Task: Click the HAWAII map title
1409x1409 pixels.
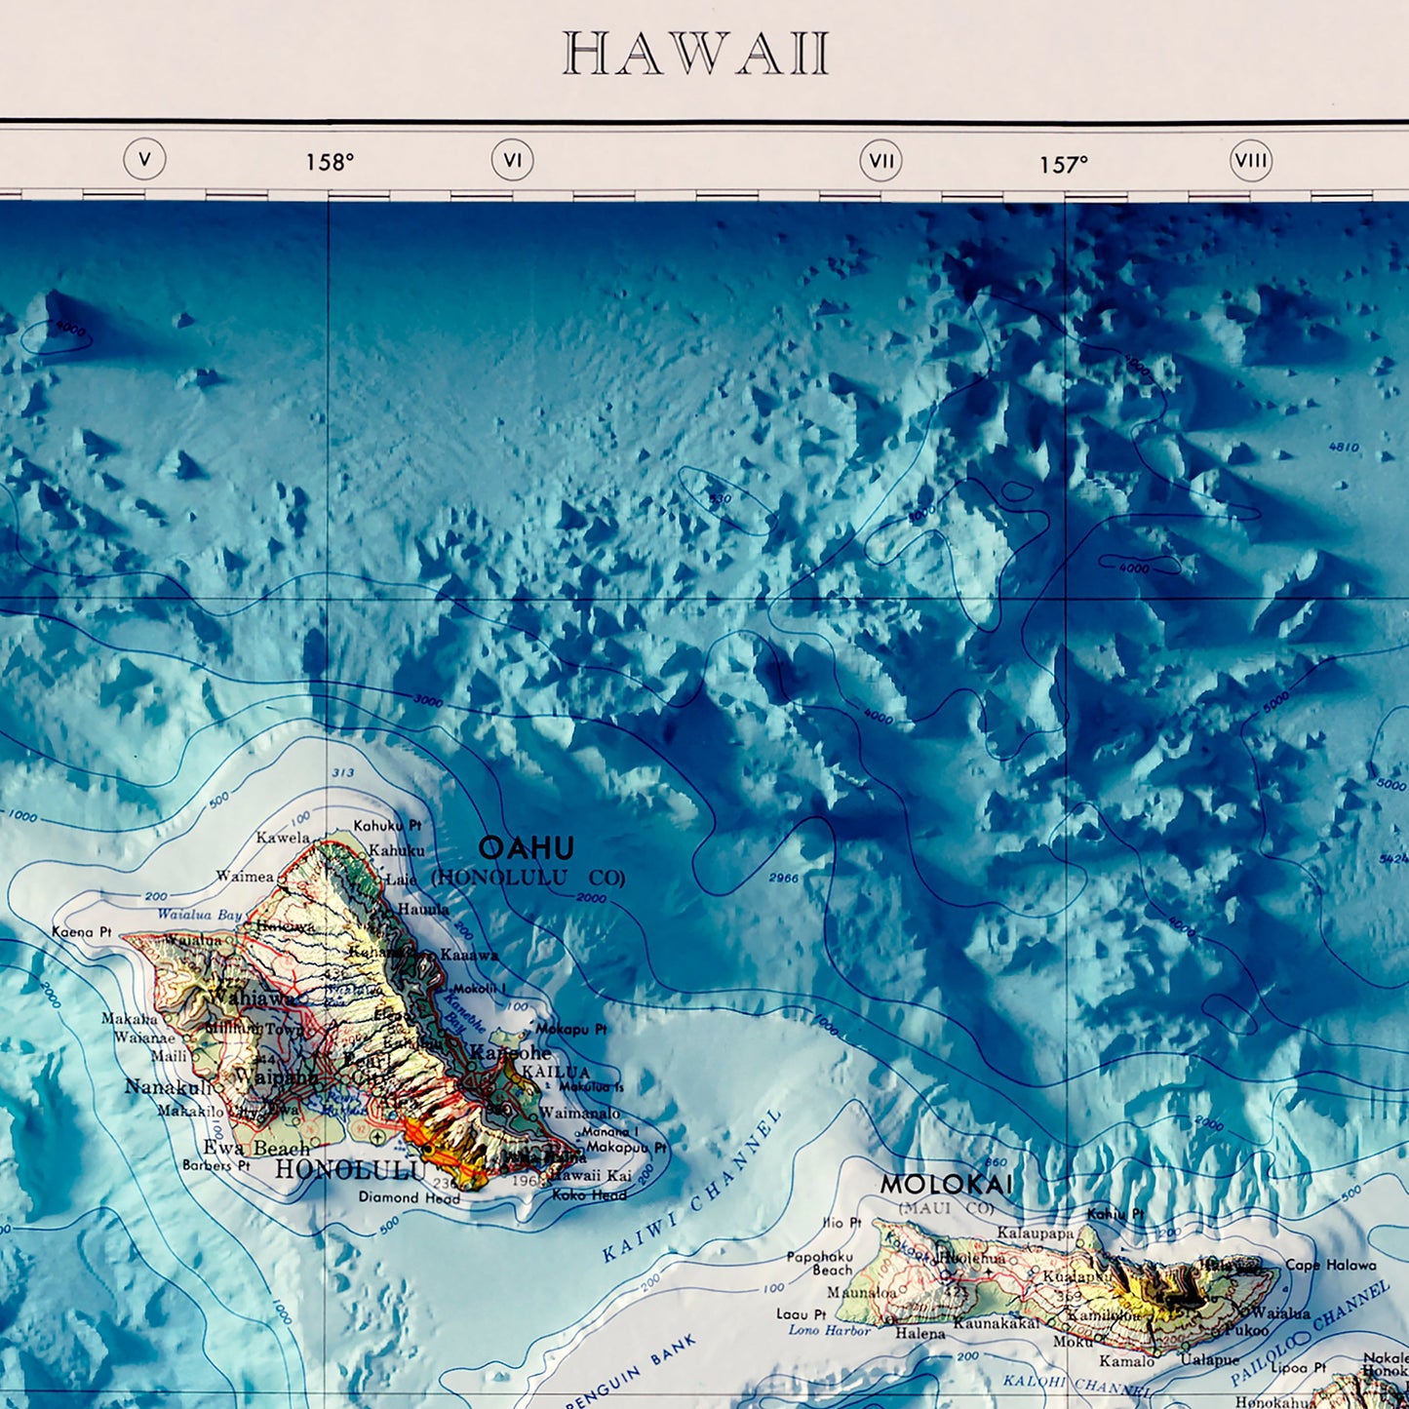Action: [696, 55]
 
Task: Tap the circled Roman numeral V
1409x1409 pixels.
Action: [144, 159]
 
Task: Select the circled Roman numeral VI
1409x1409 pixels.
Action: [512, 160]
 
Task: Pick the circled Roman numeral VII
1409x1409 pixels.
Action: [881, 161]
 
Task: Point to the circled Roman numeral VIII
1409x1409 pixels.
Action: [1250, 161]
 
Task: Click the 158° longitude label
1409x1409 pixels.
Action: [330, 163]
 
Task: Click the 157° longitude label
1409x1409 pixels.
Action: [1063, 165]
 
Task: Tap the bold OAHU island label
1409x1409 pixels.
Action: [526, 847]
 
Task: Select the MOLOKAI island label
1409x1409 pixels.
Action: [946, 1185]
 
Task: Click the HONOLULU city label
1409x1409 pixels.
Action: [349, 1169]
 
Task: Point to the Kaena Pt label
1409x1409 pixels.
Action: [82, 932]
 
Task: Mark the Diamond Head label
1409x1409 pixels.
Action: [409, 1197]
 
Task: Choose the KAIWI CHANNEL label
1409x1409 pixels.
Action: [691, 1186]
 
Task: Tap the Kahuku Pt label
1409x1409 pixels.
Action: [387, 825]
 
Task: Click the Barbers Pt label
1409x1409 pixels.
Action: [215, 1165]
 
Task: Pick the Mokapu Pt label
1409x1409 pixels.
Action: [571, 1029]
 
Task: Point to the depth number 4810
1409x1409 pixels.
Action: [1344, 448]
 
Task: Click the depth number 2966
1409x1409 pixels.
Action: [783, 878]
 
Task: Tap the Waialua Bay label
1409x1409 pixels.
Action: [200, 915]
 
